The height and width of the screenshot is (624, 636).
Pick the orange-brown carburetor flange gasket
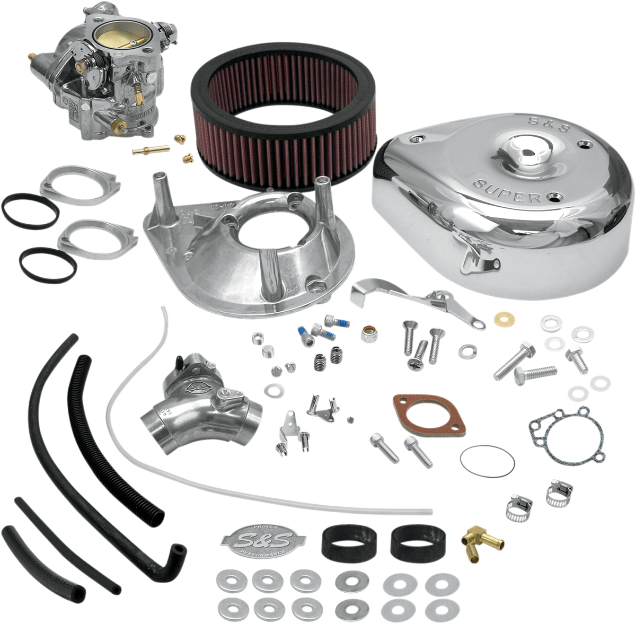click(429, 411)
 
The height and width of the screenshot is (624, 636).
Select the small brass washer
click(499, 318)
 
